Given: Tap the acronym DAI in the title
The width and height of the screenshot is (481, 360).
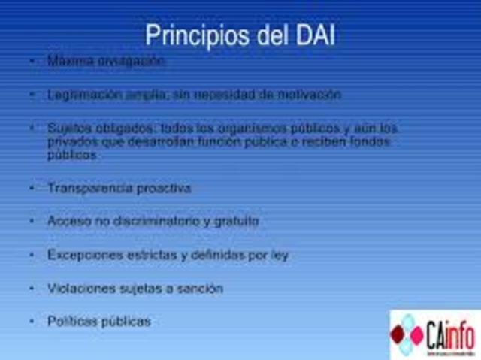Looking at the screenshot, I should click(311, 35).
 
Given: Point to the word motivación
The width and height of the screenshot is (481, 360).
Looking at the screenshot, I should click(310, 95).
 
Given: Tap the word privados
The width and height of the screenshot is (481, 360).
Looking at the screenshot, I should click(68, 141).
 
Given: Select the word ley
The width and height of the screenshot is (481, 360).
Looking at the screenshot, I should click(279, 255).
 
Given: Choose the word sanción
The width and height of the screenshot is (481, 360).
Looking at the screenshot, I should click(200, 288).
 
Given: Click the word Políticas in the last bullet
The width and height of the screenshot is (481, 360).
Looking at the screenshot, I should click(69, 321).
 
